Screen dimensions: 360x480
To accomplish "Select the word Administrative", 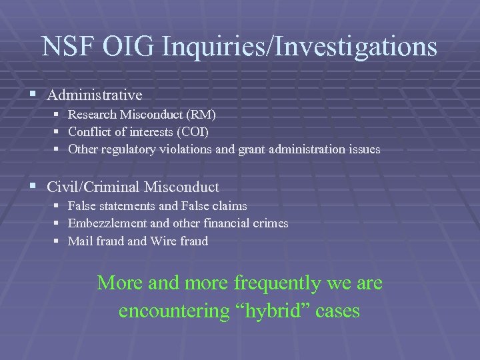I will coord(95,95).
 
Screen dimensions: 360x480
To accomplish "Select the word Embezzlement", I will coord(104,223).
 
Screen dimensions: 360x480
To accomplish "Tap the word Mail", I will coord(79,241).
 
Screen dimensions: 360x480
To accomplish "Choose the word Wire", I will coord(163,241).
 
